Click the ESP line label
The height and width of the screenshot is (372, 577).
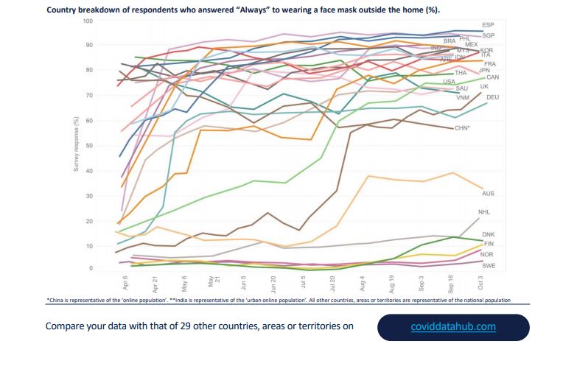[488, 25]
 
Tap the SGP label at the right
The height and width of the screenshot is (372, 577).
[488, 35]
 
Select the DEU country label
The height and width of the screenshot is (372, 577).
[493, 97]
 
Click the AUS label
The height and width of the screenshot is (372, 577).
[488, 193]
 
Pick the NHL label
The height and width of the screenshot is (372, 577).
[484, 212]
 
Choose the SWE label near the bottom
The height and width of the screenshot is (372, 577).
[488, 265]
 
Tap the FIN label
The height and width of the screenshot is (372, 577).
[488, 244]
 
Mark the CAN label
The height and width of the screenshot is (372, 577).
[493, 77]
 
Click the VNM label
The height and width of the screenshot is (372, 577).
[463, 98]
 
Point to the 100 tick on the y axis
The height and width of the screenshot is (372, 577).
[88, 21]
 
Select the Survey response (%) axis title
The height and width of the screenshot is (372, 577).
[75, 144]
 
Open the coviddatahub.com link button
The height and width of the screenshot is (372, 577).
[453, 326]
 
